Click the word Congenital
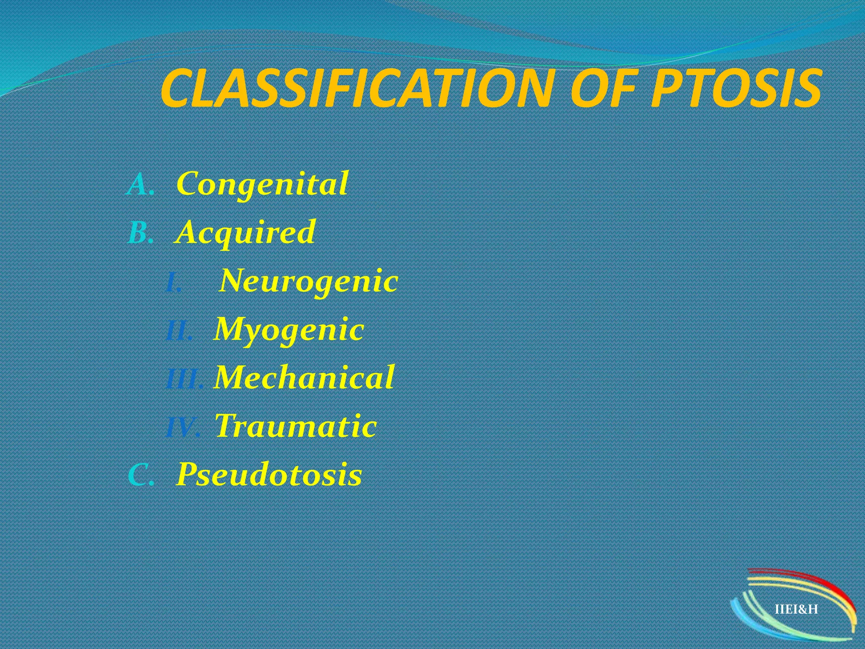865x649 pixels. click(262, 184)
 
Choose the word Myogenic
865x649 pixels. click(289, 330)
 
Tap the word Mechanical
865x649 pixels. click(305, 377)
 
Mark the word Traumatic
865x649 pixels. click(296, 426)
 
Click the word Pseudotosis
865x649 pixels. click(269, 474)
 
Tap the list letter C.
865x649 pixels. click(139, 475)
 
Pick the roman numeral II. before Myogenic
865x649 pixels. click(179, 331)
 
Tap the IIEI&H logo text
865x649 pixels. click(796, 609)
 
